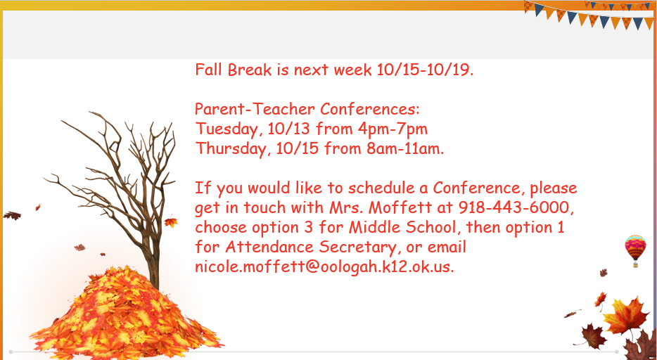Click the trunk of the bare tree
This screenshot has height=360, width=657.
point(151,259)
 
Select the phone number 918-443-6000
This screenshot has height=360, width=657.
point(514,207)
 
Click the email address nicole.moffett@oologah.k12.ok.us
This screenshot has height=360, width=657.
point(324,266)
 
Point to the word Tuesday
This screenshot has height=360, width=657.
point(229,129)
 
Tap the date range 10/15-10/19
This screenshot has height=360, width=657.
point(425,70)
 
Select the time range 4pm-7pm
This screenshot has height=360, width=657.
point(393,129)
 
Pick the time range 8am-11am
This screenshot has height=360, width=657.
point(404,148)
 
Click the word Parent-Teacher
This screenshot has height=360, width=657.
point(255,109)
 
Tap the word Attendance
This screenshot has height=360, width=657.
point(270,247)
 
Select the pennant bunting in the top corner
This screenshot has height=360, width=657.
point(589,15)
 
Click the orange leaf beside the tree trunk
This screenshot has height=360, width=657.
point(171,221)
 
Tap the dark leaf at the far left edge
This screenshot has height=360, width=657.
point(12,216)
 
